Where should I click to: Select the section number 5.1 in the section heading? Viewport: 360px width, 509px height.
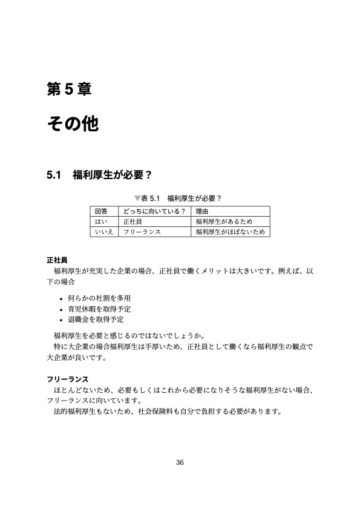coord(54,176)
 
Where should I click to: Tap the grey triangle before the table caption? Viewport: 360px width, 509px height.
coord(137,198)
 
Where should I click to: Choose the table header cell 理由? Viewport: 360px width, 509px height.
coord(202,211)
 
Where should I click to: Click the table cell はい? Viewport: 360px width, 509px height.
coord(101,222)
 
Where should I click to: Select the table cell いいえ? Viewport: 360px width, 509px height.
coord(104,231)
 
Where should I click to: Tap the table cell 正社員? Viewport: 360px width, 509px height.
coord(133,222)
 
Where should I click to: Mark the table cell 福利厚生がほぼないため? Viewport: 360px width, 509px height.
coord(230,231)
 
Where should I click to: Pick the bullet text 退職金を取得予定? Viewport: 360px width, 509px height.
coord(100,320)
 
